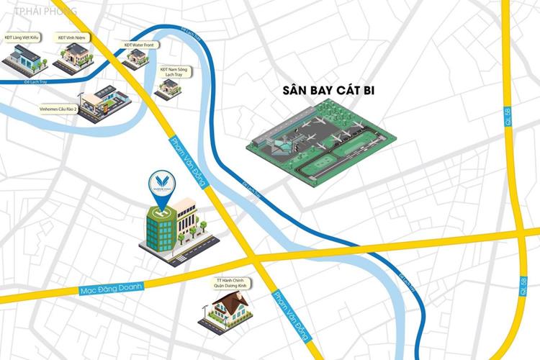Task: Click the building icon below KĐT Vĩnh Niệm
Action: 73,55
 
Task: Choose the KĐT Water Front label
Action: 139,45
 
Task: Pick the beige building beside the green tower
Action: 187,220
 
